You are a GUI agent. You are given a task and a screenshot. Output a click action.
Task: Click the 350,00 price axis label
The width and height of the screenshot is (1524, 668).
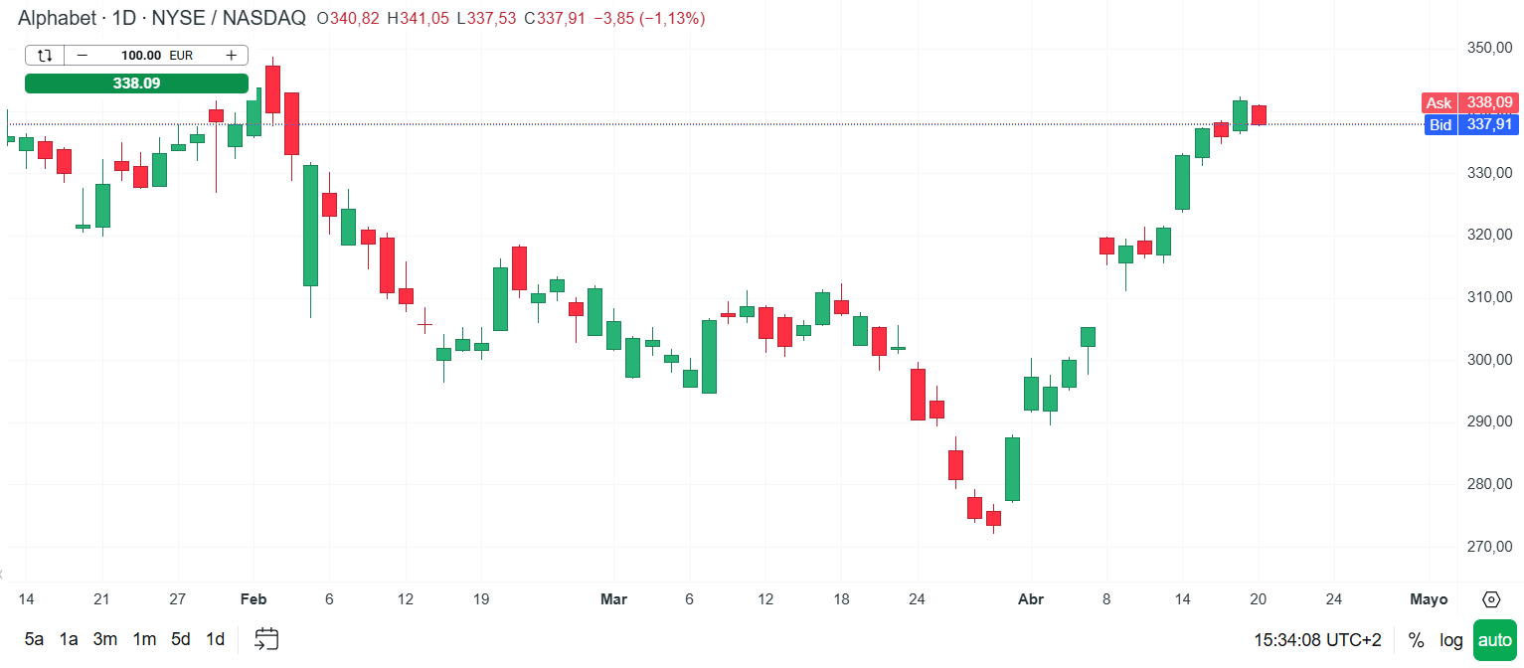[x=1489, y=48]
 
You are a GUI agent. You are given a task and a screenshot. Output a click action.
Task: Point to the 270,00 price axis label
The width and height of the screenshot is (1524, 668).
[x=1489, y=547]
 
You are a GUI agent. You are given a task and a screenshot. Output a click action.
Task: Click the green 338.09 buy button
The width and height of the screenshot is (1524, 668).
[x=136, y=83]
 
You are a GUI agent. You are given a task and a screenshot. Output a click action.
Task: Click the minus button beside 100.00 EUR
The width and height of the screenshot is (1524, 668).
[x=82, y=56]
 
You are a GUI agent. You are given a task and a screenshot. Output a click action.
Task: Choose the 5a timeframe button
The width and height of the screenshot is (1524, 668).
[x=35, y=639]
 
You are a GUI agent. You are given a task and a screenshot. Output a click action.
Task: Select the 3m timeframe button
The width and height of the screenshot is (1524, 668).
[x=105, y=639]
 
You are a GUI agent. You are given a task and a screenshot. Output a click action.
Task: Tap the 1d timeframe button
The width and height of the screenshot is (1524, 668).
[x=215, y=639]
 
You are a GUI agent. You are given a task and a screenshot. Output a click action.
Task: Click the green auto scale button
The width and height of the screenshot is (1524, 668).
[x=1494, y=639]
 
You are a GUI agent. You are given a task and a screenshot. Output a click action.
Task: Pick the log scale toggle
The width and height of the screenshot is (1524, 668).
[x=1451, y=639]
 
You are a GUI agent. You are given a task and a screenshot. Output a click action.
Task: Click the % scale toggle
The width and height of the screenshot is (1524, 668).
[x=1416, y=639]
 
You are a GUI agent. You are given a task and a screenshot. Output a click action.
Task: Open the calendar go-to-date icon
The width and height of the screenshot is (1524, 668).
[x=266, y=639]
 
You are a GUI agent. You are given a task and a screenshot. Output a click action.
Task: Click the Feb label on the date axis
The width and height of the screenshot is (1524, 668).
[x=254, y=599]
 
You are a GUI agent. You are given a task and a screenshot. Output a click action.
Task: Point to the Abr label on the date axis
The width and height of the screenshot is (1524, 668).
[x=1032, y=599]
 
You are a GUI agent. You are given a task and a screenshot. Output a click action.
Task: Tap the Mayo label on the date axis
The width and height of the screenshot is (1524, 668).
[x=1429, y=599]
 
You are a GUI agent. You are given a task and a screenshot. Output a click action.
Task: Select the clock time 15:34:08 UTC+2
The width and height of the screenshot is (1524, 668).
[x=1317, y=639]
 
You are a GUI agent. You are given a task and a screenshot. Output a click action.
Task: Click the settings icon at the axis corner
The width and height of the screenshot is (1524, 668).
[x=1491, y=599]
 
